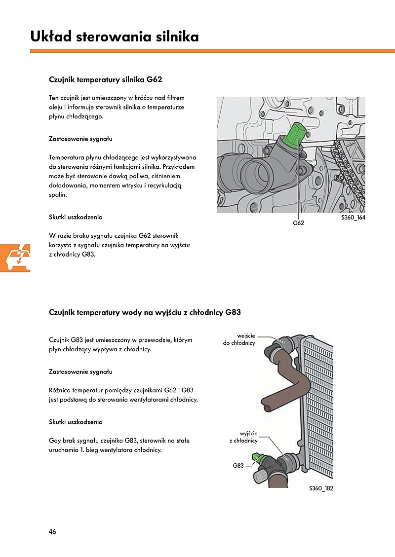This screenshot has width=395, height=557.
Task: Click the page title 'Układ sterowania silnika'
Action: click(x=114, y=37)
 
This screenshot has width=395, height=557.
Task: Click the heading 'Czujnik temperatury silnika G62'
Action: click(x=105, y=79)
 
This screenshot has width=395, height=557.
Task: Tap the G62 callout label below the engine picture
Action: click(x=298, y=223)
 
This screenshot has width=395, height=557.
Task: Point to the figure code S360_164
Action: click(x=353, y=217)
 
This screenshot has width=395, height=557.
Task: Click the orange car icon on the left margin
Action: click(x=15, y=257)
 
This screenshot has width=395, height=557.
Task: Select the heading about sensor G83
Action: click(x=145, y=312)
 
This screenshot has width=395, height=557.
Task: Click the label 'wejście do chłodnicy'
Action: click(x=239, y=339)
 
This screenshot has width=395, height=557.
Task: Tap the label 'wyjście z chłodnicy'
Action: click(x=243, y=437)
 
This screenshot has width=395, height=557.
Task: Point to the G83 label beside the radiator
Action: click(x=238, y=465)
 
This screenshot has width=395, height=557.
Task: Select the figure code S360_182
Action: click(x=321, y=488)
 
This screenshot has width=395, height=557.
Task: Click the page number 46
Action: click(x=52, y=531)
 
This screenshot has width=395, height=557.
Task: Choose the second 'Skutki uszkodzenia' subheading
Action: click(x=76, y=422)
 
